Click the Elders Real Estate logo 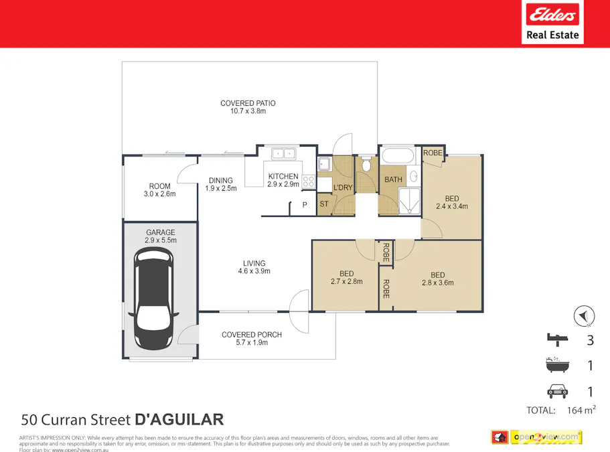click(552, 22)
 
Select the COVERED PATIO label click(248, 103)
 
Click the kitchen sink click(283, 154)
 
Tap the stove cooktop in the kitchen click(308, 181)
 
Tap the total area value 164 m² click(581, 410)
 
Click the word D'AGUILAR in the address click(179, 420)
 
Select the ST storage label click(323, 204)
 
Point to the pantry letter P click(304, 205)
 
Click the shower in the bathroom click(408, 200)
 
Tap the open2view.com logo click(546, 437)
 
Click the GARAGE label click(160, 232)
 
